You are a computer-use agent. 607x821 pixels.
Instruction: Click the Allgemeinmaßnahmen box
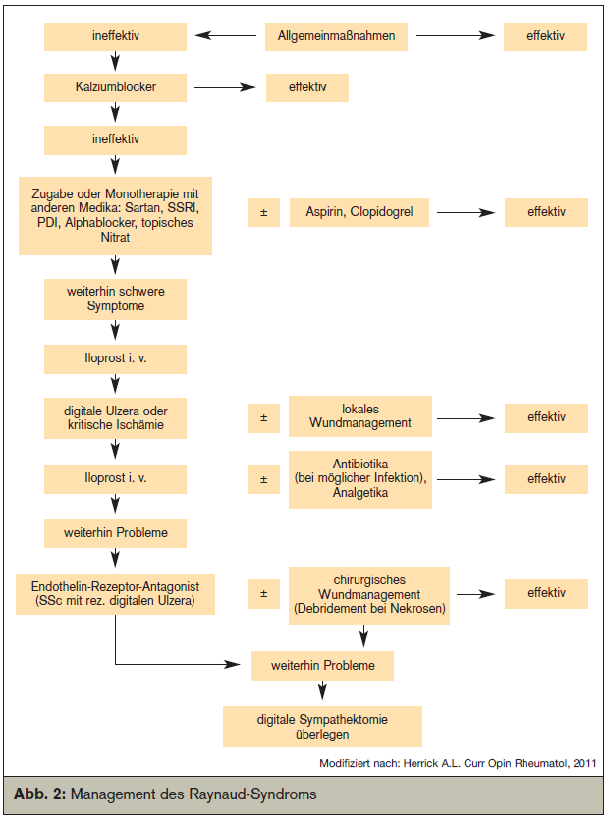[x=336, y=36]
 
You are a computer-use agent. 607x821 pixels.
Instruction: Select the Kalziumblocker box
[x=115, y=87]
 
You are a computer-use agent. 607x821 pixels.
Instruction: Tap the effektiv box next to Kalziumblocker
[x=307, y=87]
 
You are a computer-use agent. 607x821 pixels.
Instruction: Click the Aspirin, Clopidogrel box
[x=359, y=212]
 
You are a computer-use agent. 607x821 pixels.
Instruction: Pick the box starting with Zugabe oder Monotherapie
[x=115, y=216]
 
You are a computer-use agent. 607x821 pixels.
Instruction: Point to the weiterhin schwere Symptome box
[x=115, y=299]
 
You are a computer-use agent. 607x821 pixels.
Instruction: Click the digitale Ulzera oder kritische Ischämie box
[x=115, y=417]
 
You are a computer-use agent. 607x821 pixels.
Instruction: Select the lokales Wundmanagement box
[x=360, y=416]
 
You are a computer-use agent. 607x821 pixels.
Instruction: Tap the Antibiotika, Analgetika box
[x=360, y=479]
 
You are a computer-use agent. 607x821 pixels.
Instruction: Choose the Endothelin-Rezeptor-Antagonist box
[x=115, y=594]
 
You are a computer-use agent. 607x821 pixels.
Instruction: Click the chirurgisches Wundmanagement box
[x=369, y=595]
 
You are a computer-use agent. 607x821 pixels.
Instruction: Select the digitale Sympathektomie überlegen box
[x=322, y=727]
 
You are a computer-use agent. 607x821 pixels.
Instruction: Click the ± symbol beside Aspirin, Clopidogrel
[x=263, y=212]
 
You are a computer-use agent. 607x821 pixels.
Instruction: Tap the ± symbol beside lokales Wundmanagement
[x=263, y=417]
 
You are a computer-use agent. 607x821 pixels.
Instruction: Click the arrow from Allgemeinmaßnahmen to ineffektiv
[x=226, y=36]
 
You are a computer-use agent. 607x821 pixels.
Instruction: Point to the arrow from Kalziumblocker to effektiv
[x=225, y=87]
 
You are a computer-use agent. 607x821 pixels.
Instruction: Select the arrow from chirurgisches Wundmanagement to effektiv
[x=476, y=594]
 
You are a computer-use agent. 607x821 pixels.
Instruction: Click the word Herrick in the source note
[x=421, y=763]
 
